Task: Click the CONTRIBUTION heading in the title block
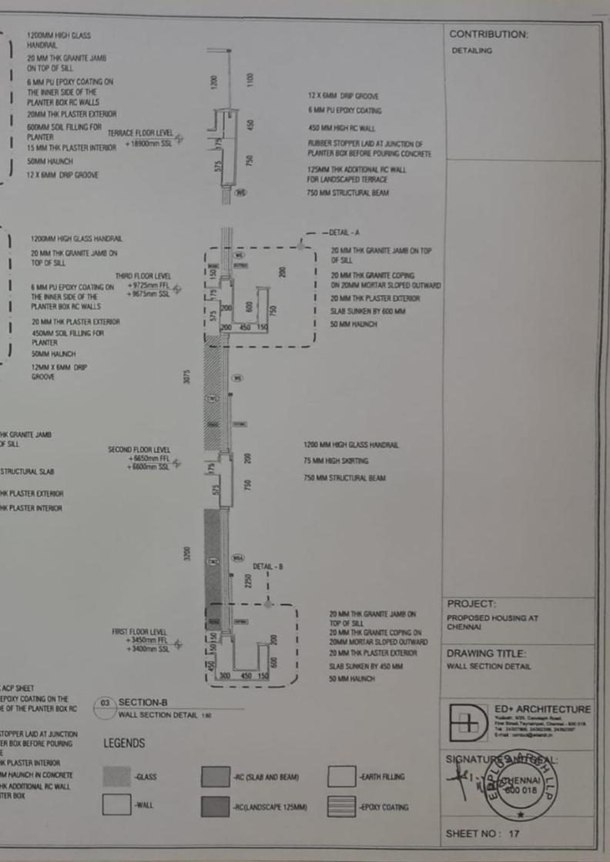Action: [x=488, y=35]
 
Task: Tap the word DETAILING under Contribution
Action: [x=471, y=51]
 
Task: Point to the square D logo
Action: [x=468, y=723]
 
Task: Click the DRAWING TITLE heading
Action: [x=486, y=653]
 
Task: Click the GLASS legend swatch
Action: [x=116, y=777]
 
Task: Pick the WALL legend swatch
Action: [x=116, y=805]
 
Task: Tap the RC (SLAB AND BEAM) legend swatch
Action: [x=215, y=777]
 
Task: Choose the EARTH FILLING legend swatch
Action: [x=341, y=777]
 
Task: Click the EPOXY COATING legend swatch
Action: [x=341, y=806]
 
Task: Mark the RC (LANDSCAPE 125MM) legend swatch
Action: [x=215, y=806]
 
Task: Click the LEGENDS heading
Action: [x=124, y=743]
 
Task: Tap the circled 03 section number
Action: [x=105, y=703]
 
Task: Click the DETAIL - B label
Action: [x=268, y=566]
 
